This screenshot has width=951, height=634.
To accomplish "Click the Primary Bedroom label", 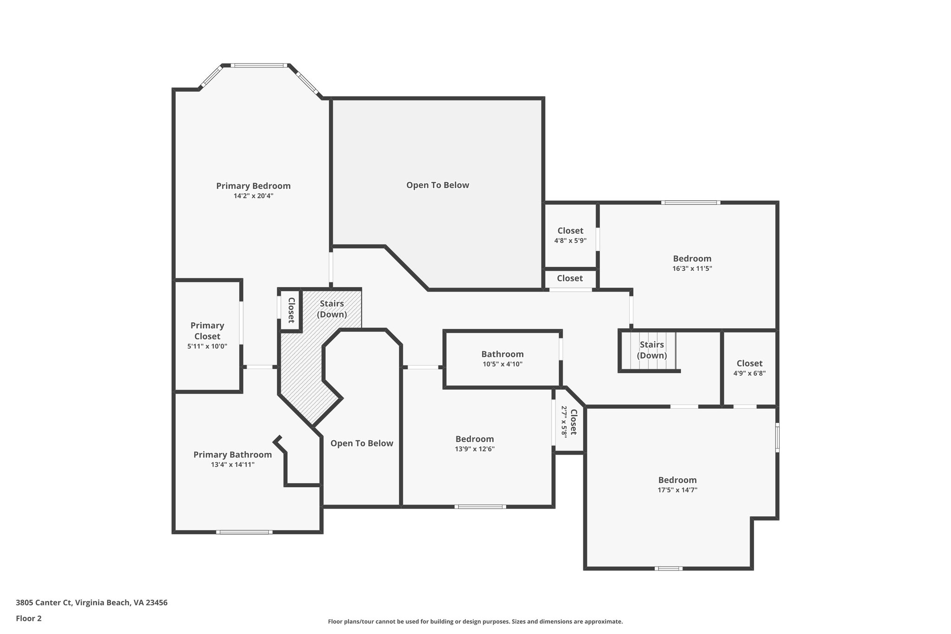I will (x=253, y=186).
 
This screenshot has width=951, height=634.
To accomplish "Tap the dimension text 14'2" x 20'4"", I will (x=253, y=196).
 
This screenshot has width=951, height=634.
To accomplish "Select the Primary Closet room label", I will (x=207, y=331).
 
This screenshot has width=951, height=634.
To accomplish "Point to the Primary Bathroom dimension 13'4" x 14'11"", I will (x=232, y=464).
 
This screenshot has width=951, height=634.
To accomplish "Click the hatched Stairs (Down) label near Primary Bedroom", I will (x=332, y=309).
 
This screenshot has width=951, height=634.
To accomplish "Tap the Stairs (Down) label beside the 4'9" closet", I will (x=651, y=350).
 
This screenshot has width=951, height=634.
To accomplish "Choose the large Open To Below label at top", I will (x=437, y=185).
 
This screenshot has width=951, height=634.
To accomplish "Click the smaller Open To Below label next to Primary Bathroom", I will (x=362, y=444).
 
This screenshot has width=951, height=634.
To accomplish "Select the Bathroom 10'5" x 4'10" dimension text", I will (x=502, y=364).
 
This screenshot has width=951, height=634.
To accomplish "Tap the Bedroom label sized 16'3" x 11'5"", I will (x=692, y=259).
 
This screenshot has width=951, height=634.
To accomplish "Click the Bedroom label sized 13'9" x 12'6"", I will (x=475, y=439).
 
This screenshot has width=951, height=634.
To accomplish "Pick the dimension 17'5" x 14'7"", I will (x=677, y=490).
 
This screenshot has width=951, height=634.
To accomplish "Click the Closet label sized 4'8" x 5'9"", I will (x=570, y=231).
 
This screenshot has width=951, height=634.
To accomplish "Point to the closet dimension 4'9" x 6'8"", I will (x=749, y=373).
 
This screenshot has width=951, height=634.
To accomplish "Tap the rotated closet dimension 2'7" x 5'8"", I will (x=564, y=421).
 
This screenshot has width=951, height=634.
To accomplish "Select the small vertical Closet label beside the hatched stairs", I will (x=291, y=310).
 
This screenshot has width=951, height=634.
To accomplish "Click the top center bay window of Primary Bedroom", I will (x=259, y=65).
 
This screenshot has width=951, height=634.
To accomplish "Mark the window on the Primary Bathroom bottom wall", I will (x=244, y=532).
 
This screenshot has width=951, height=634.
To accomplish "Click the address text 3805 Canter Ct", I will (x=45, y=603).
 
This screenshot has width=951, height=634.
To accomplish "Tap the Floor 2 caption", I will (x=29, y=618).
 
